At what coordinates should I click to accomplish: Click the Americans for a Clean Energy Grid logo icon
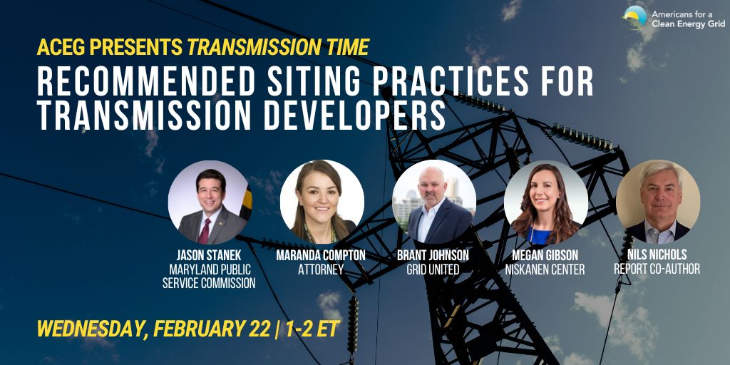635,18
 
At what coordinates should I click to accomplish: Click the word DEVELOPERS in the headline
354,116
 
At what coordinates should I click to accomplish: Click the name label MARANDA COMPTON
321,255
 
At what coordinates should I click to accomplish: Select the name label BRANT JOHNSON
433,255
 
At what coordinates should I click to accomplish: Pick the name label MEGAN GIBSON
545,255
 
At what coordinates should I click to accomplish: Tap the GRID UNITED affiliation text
433,269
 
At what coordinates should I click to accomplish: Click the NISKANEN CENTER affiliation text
545,269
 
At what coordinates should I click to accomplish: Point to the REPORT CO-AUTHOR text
657,269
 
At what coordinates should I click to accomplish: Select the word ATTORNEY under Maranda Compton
321,269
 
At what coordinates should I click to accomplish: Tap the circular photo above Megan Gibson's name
545,202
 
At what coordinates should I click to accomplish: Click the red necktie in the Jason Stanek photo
204,232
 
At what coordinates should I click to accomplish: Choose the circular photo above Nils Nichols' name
657,202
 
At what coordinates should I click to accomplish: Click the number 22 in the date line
259,329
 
